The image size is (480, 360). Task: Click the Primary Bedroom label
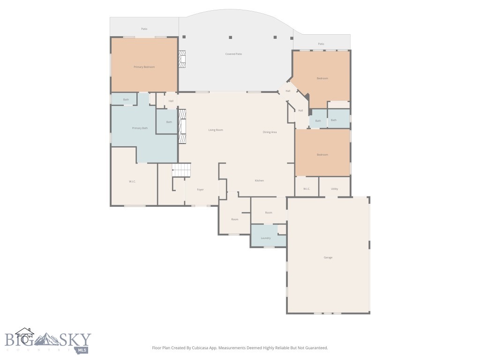pyautogui.click(x=144, y=67)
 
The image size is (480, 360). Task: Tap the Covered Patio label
pyautogui.click(x=233, y=54)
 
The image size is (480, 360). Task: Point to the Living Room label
pyautogui.click(x=216, y=130)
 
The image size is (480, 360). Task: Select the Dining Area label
pyautogui.click(x=270, y=132)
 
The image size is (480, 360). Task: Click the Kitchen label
pyautogui.click(x=259, y=180)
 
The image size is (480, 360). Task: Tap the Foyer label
pyautogui.click(x=200, y=189)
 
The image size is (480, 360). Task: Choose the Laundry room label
pyautogui.click(x=266, y=238)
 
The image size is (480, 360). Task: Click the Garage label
pyautogui.click(x=328, y=257)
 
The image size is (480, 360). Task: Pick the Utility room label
pyautogui.click(x=334, y=189)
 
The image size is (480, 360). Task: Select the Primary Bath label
pyautogui.click(x=140, y=128)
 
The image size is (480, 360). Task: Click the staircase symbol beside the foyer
pyautogui.click(x=182, y=170)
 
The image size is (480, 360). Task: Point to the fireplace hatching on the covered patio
pyautogui.click(x=183, y=59)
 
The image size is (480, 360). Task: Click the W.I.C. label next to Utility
pyautogui.click(x=307, y=189)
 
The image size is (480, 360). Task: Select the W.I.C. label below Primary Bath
pyautogui.click(x=132, y=181)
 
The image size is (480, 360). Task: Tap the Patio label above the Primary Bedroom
pyautogui.click(x=144, y=29)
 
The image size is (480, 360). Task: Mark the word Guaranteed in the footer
pyautogui.click(x=316, y=348)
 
